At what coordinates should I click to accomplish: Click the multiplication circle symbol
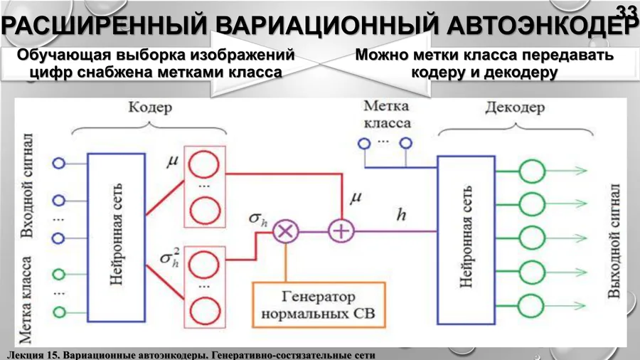tap(287, 231)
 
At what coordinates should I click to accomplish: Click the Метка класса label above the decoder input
tap(387, 115)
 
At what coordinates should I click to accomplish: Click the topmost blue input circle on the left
tap(59, 163)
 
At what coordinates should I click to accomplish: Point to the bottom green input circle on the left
tap(59, 312)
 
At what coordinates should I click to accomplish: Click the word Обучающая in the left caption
tap(61, 55)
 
